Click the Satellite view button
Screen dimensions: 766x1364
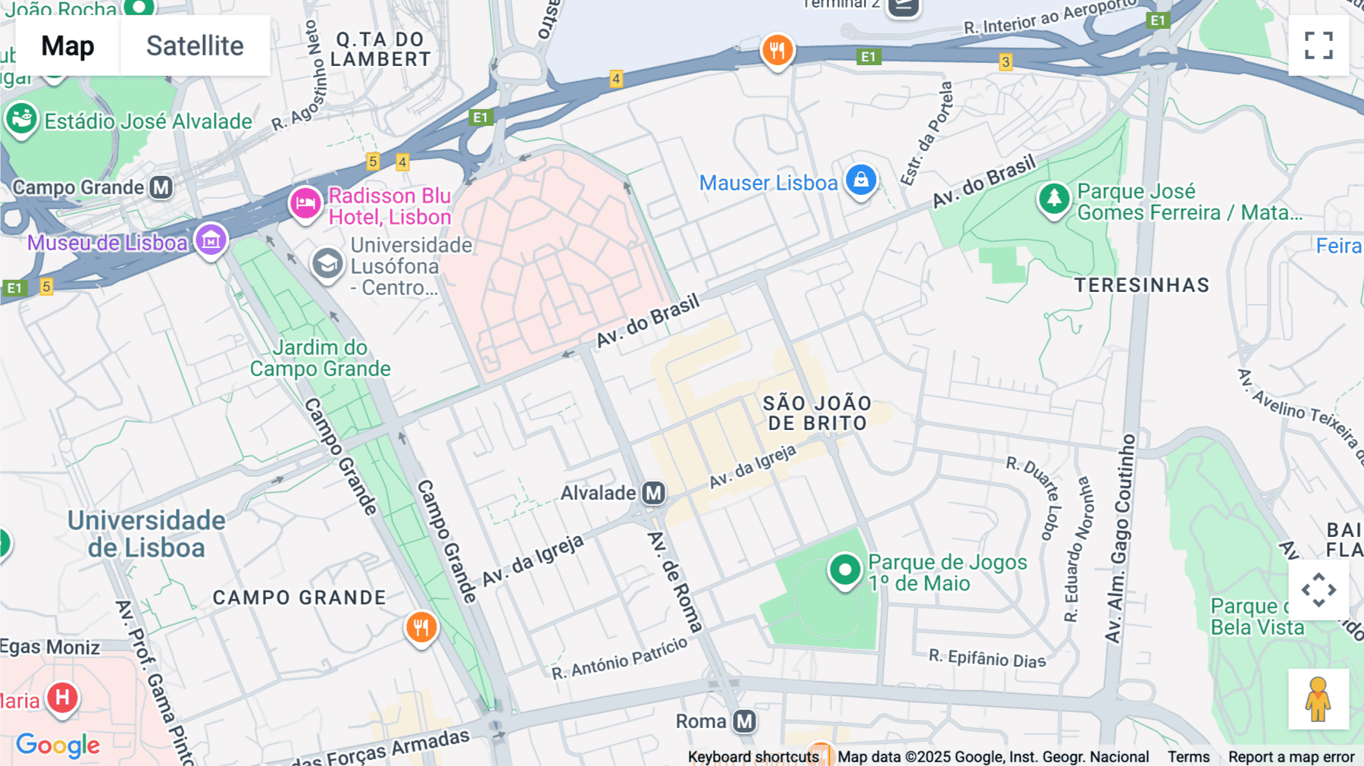[195, 46]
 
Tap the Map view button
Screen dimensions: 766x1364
[68, 46]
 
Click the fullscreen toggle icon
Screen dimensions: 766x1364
[1319, 46]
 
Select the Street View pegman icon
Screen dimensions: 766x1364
[1319, 699]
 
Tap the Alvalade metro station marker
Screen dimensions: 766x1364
[653, 494]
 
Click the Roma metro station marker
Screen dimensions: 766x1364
[744, 721]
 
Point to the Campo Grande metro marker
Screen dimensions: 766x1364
[161, 187]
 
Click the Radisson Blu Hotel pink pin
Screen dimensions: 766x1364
[305, 203]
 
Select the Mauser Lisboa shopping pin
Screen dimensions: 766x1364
[861, 181]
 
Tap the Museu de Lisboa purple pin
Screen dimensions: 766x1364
[211, 240]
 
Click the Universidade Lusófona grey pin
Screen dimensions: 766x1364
[327, 264]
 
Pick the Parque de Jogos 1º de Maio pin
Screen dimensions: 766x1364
[844, 569]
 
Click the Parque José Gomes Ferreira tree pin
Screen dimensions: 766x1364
[1053, 199]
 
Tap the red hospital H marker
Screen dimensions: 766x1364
[63, 697]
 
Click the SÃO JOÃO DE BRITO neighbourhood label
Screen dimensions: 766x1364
[817, 413]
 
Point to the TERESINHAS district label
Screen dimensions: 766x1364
[1142, 285]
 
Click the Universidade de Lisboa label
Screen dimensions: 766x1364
[146, 534]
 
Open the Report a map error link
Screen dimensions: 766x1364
[1291, 757]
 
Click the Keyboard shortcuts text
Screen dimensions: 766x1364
[753, 757]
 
